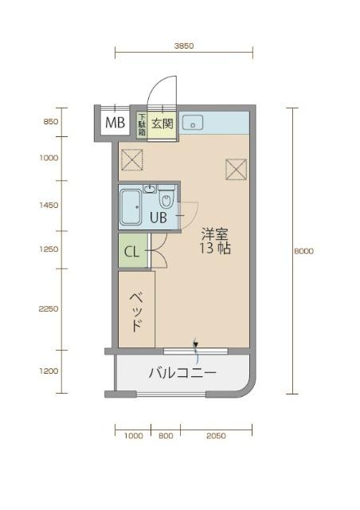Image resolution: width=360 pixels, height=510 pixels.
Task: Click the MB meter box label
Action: pyautogui.click(x=115, y=123)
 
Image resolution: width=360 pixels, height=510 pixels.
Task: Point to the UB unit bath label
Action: pyautogui.click(x=158, y=217)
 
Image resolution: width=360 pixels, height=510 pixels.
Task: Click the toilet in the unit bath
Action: pyautogui.click(x=166, y=198)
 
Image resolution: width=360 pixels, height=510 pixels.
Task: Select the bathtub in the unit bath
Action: pyautogui.click(x=130, y=209)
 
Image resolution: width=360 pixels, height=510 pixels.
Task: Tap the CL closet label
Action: pyautogui.click(x=131, y=253)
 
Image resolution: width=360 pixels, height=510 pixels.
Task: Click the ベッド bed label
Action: pyautogui.click(x=136, y=311)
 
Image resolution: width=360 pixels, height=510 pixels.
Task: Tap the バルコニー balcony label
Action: pyautogui.click(x=182, y=372)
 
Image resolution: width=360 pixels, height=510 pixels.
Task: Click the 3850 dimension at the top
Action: pyautogui.click(x=184, y=46)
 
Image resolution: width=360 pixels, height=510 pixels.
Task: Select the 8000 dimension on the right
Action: pyautogui.click(x=303, y=250)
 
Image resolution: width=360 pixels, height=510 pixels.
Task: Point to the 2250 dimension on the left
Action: pyautogui.click(x=49, y=309)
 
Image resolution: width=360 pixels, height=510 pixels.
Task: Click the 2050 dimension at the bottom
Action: pyautogui.click(x=216, y=436)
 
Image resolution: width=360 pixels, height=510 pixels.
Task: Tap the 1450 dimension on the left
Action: pyautogui.click(x=49, y=205)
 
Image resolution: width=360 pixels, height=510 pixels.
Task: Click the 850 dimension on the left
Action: pyautogui.click(x=50, y=122)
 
